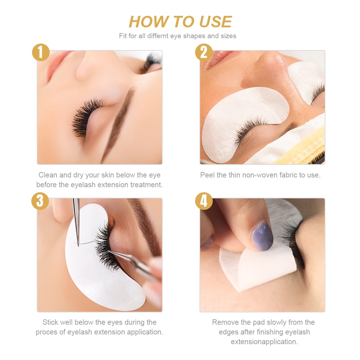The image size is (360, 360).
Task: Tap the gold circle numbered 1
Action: coord(40,53)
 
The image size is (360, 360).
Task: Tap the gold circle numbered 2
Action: coord(204,53)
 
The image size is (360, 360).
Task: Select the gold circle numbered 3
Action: coord(40,201)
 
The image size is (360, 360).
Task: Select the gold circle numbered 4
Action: coord(204,201)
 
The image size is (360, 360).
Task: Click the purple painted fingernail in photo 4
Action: coord(262,236)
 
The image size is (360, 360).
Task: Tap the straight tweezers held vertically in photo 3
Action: coord(76,220)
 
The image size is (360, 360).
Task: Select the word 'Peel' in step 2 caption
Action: coord(207,175)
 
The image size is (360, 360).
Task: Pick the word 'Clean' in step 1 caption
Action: coord(48,175)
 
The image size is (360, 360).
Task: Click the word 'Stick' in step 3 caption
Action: coord(50,322)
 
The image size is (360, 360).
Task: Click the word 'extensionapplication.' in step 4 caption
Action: coord(264,342)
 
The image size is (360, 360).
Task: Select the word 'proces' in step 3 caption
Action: coord(46,332)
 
